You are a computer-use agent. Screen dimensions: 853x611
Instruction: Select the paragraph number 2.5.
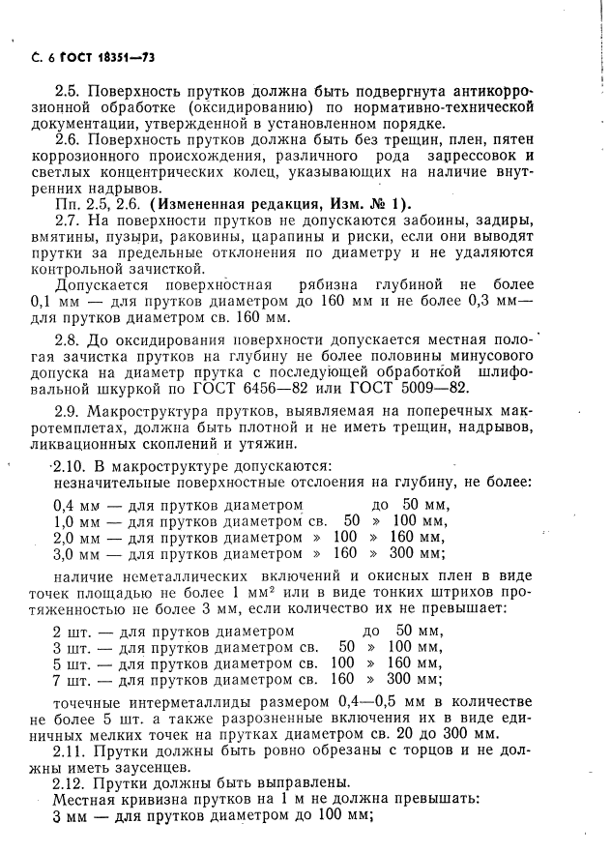tap(67, 90)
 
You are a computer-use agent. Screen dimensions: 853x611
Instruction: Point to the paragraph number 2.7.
tap(67, 220)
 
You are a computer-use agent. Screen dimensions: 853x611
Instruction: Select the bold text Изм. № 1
tap(369, 203)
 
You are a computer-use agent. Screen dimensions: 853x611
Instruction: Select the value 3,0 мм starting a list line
tap(73, 555)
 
